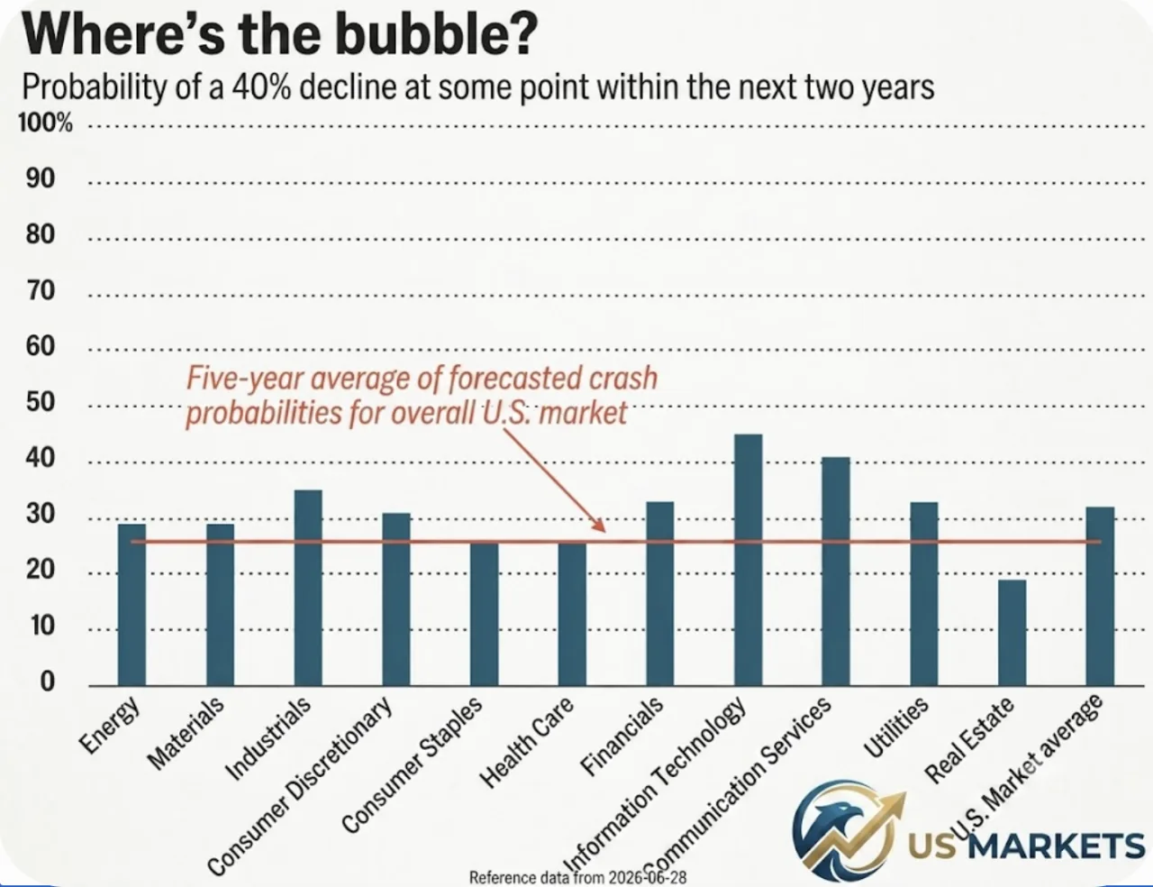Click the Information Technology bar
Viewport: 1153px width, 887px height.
coord(749,560)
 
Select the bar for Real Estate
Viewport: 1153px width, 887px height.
coord(1012,633)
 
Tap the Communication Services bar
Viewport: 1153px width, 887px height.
coord(836,572)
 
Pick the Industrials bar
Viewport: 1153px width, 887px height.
coord(308,588)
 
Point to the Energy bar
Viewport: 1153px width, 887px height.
coord(132,605)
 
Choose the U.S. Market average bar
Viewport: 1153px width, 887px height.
coord(1100,596)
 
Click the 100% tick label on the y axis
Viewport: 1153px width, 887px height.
coord(45,123)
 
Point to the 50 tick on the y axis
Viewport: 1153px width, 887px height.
coord(41,402)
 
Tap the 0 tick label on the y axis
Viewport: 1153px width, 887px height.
coord(47,681)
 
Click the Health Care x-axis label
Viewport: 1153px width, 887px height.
coord(526,742)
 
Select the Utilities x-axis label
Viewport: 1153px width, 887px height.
coord(895,727)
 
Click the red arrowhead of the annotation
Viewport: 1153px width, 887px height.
coord(598,525)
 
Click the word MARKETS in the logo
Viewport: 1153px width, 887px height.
coord(1057,845)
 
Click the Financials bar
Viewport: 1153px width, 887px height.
coord(660,593)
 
